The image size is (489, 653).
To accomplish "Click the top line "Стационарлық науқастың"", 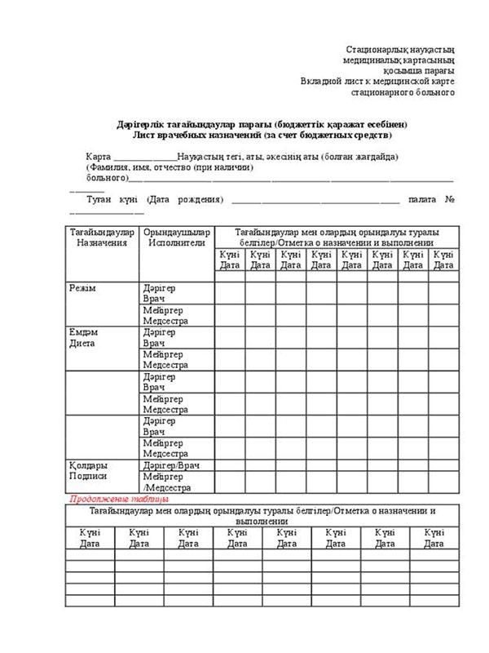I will (400, 50).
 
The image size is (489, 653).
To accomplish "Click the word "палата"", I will (424, 199).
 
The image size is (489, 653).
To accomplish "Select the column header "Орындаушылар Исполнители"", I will (177, 238).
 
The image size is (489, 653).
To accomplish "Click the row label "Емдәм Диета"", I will (83, 338).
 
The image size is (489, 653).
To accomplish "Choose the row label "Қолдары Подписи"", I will (88, 471).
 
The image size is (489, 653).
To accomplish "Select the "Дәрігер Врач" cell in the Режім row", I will (159, 294).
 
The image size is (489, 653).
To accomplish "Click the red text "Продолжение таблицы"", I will (119, 498).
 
